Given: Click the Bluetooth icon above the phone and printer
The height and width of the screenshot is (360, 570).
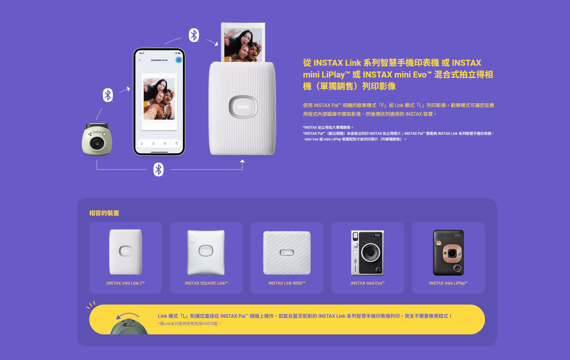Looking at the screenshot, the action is pos(194,35).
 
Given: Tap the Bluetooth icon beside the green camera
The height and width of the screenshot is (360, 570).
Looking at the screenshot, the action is pos(108,95).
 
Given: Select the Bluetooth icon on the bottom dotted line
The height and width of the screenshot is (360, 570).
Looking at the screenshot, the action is pos(158,169).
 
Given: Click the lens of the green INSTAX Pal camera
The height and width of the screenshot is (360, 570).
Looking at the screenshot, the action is pos(97,143).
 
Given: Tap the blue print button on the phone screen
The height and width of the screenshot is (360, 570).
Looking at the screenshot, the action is pos(179,60).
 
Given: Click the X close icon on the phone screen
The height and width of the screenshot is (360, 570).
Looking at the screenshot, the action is pos(140,60).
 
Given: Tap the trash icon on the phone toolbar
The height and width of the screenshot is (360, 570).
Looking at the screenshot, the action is pos(176,143).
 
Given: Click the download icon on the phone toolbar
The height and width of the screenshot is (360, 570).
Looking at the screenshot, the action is pos(142,143).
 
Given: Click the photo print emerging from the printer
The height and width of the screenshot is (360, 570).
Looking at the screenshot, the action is pos(243,42).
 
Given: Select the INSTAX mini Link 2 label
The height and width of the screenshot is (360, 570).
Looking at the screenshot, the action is pos(125,283).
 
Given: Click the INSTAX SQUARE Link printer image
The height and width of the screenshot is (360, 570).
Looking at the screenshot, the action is pos(206,252).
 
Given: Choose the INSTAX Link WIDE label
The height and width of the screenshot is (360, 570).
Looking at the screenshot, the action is pos(287,283).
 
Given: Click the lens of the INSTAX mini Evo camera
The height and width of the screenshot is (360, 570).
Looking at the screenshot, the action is pos(370,253).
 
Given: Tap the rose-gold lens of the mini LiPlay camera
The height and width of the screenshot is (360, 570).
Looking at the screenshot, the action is pos(452,253).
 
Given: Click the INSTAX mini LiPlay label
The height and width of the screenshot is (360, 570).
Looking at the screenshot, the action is pos(448,283).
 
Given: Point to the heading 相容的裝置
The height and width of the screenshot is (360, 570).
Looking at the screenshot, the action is pos(104,213).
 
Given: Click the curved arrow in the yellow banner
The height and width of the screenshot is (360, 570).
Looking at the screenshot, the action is pos(128,315).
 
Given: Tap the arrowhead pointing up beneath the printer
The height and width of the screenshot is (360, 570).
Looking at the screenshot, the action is pos(242,161).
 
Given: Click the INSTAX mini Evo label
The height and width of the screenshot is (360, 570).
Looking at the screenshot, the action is pos(368,283).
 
